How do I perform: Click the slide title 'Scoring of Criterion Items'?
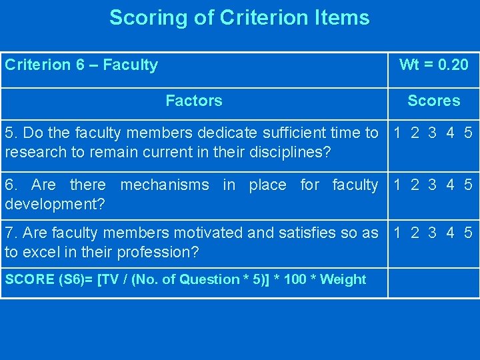click(x=239, y=17)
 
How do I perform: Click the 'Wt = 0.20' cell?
click(x=433, y=65)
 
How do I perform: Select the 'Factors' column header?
click(x=193, y=101)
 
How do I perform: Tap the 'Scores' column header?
click(x=433, y=101)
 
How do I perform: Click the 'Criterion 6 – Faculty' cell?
click(x=81, y=65)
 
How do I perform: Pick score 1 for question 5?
click(x=397, y=133)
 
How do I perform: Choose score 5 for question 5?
click(x=468, y=133)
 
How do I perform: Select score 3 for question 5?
click(x=433, y=133)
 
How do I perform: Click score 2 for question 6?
click(x=415, y=184)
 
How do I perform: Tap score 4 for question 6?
click(x=451, y=184)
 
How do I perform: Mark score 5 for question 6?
click(x=468, y=184)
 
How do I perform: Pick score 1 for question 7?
click(x=397, y=233)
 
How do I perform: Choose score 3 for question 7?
click(x=433, y=233)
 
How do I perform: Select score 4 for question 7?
click(x=451, y=233)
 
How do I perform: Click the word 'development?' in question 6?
click(x=55, y=203)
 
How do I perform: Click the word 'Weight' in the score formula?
click(x=343, y=279)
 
